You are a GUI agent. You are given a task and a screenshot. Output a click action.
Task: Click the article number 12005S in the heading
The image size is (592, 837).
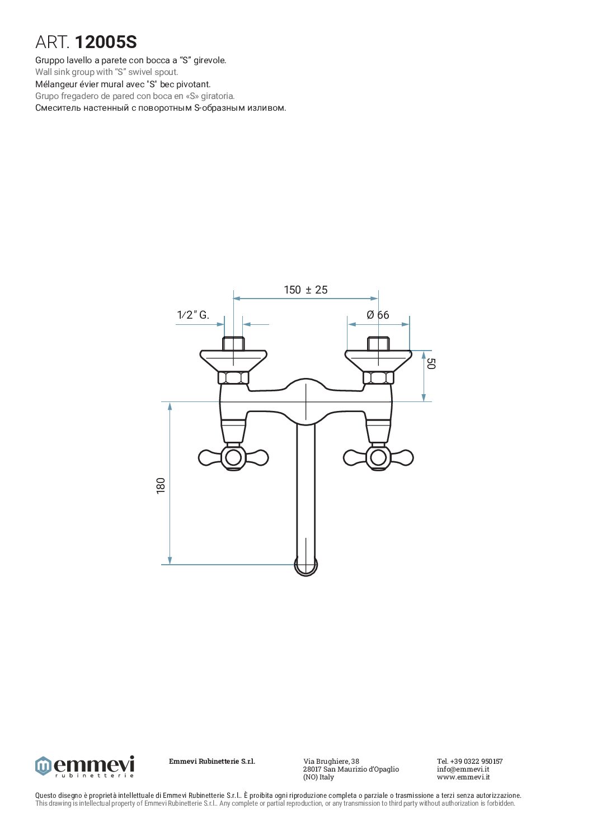[x=106, y=42]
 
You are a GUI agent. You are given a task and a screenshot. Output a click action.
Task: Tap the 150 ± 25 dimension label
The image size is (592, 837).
[x=306, y=290]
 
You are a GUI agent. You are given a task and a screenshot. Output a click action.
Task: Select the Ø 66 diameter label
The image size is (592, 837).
[x=378, y=315]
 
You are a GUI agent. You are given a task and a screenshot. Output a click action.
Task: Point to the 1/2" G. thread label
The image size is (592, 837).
[x=193, y=315]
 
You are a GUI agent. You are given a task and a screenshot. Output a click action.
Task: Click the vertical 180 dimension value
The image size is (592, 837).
[x=161, y=486]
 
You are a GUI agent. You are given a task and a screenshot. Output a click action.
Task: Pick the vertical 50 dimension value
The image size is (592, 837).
[x=431, y=363]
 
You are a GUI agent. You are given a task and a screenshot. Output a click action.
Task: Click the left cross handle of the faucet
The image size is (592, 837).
[x=233, y=457]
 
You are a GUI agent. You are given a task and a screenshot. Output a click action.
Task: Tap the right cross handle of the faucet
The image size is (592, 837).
[x=378, y=457]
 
